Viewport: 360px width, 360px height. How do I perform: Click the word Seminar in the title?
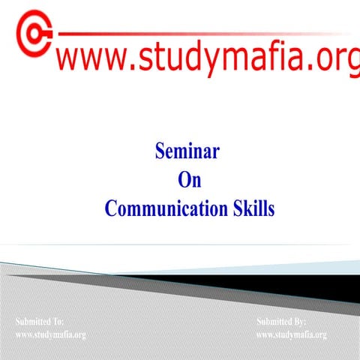point(187,152)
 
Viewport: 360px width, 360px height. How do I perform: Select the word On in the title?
point(189,180)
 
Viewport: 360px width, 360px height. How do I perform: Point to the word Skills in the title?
point(250,208)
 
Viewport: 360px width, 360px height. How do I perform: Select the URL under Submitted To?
point(51,334)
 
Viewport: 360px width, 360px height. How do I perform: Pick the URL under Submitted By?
point(292,334)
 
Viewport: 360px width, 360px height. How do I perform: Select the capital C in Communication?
point(111,208)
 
